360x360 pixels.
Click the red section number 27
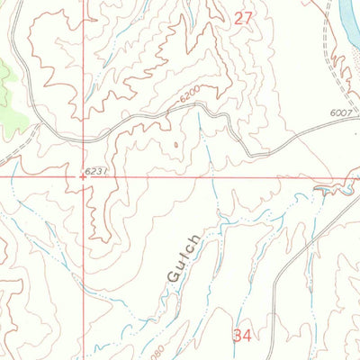coord(243,18)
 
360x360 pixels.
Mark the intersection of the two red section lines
coord(84,177)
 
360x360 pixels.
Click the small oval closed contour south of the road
coord(171,142)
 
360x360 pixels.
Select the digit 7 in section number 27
coord(248,18)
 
